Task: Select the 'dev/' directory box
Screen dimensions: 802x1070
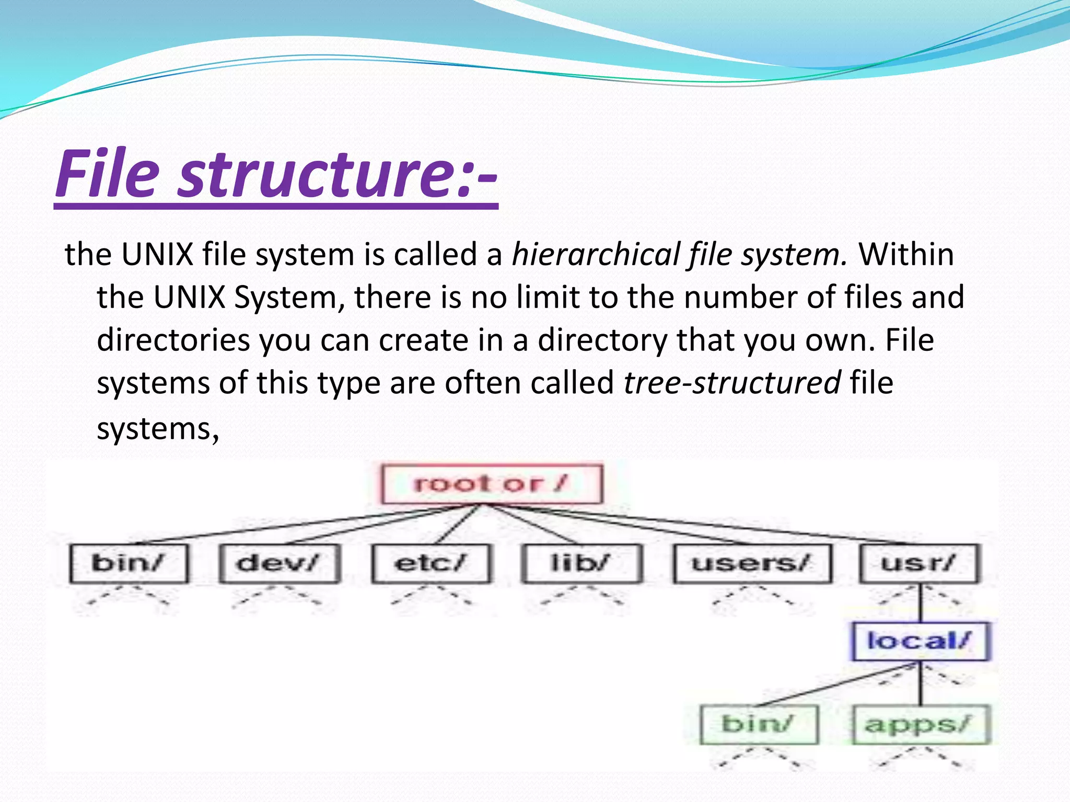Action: click(x=280, y=563)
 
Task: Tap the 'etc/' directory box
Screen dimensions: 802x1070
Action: click(x=431, y=563)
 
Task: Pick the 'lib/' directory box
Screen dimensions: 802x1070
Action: click(x=581, y=563)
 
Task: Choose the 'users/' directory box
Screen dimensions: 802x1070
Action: click(x=752, y=563)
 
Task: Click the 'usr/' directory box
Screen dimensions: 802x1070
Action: click(x=919, y=563)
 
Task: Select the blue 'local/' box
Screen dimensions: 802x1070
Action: click(x=920, y=641)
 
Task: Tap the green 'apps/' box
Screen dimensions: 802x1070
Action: click(x=920, y=725)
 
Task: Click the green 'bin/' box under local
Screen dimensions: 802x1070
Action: click(x=759, y=725)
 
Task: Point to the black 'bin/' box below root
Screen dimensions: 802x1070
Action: click(x=129, y=563)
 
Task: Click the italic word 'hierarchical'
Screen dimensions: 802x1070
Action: click(x=595, y=255)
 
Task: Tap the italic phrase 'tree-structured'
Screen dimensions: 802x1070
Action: click(x=732, y=383)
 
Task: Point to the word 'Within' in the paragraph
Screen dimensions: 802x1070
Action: click(x=906, y=255)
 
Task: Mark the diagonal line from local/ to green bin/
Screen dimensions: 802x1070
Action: click(x=836, y=686)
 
